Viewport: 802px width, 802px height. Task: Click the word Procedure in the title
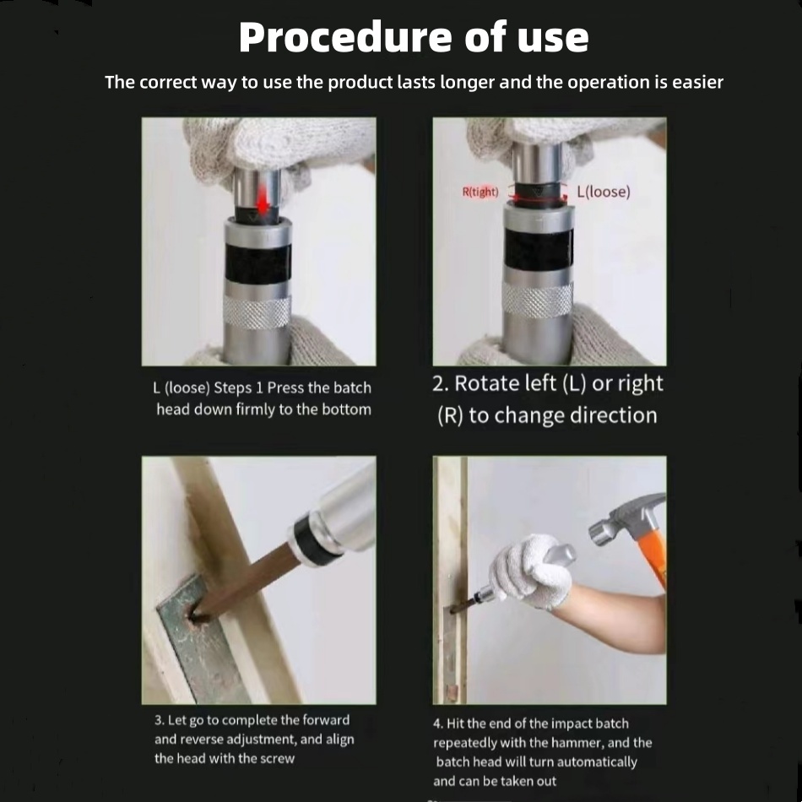point(345,37)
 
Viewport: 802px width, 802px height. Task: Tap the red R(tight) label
point(480,192)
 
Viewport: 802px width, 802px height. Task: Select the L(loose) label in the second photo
point(604,192)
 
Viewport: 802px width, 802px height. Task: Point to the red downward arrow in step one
point(263,198)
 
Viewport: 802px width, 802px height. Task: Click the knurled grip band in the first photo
point(257,312)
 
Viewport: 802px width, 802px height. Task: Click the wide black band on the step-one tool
point(258,263)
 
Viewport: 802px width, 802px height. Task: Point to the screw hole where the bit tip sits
point(194,613)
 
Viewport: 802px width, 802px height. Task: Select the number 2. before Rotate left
point(441,383)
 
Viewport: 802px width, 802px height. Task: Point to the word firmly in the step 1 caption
point(254,409)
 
